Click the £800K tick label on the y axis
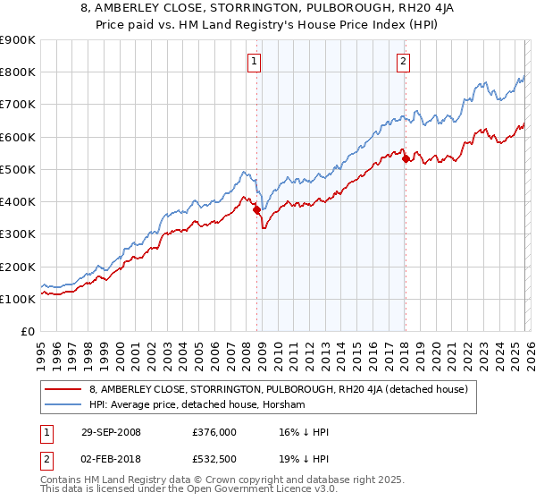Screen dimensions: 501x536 (17, 72)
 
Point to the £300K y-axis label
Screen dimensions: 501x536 (17, 234)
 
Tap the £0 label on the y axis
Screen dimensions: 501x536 (27, 332)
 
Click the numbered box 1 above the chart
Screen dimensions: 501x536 (255, 62)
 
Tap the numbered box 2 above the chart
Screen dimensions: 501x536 (404, 62)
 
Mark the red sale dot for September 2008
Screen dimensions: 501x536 (257, 210)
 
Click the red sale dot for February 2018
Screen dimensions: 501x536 (406, 159)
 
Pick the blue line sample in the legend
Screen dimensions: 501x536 (63, 404)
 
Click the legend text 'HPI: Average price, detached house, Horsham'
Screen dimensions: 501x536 (197, 404)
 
